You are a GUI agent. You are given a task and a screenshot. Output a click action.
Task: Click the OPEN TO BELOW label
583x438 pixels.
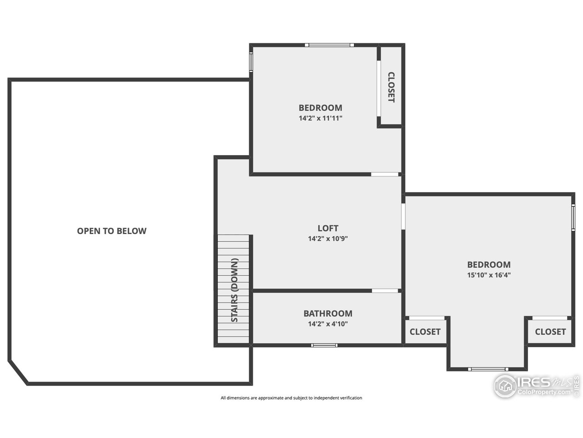point(112,231)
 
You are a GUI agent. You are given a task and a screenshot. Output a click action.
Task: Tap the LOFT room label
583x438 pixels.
point(328,228)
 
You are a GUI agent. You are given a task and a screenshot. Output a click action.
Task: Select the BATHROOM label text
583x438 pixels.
point(328,313)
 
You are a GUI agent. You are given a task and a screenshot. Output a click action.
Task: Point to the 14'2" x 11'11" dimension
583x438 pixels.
point(320,118)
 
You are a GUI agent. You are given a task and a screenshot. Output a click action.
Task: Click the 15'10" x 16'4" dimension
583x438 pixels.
point(489,275)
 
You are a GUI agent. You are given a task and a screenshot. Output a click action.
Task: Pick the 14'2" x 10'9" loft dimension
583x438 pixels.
point(328,238)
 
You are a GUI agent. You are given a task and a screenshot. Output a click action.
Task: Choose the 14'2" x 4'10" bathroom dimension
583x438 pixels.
point(328,324)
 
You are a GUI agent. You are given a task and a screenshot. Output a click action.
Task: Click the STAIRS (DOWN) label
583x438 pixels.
point(235,291)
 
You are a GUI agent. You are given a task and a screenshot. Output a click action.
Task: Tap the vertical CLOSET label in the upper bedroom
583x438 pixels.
point(391,87)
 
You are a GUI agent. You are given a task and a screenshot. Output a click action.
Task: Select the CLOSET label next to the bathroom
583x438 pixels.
point(425,332)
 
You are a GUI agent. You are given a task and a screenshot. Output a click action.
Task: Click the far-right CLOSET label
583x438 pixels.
point(550,332)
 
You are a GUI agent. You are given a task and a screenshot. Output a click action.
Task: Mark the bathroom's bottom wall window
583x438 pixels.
point(325,345)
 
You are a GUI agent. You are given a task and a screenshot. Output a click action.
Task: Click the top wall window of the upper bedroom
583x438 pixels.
point(329,45)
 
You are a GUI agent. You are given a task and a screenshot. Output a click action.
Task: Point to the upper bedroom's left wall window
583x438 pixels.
point(251,62)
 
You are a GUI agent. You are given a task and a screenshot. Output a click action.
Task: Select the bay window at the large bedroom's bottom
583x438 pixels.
point(488,369)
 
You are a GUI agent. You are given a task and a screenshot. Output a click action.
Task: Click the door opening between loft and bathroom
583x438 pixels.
point(385,291)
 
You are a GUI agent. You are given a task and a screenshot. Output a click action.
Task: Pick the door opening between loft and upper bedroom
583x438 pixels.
point(384,174)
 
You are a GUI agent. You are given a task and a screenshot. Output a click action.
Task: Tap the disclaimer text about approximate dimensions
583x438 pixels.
point(291,398)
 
